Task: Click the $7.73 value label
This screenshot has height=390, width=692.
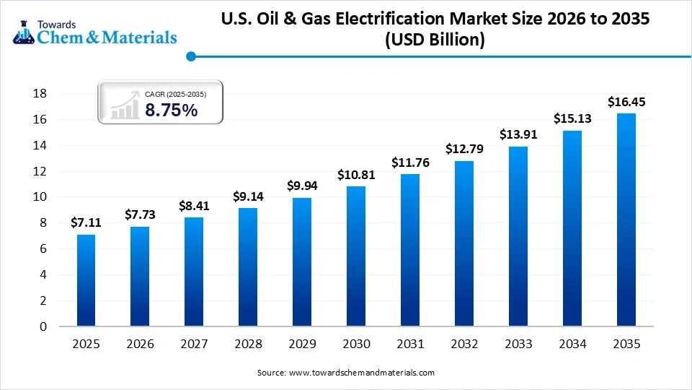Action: pyautogui.click(x=140, y=214)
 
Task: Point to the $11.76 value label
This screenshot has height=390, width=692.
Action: pyautogui.click(x=410, y=162)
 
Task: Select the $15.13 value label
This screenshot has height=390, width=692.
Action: pyautogui.click(x=572, y=118)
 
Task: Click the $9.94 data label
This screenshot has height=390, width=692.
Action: pyautogui.click(x=302, y=186)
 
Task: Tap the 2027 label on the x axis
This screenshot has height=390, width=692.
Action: pyautogui.click(x=194, y=344)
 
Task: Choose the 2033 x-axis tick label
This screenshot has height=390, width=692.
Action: pyautogui.click(x=518, y=344)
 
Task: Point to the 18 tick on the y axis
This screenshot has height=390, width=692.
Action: pyautogui.click(x=40, y=93)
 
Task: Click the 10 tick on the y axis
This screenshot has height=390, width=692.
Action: pyautogui.click(x=40, y=196)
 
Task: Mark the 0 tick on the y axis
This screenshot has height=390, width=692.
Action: pyautogui.click(x=44, y=326)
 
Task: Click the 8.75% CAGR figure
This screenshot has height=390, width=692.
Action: pyautogui.click(x=171, y=110)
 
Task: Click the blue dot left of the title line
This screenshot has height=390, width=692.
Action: pyautogui.click(x=191, y=56)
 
